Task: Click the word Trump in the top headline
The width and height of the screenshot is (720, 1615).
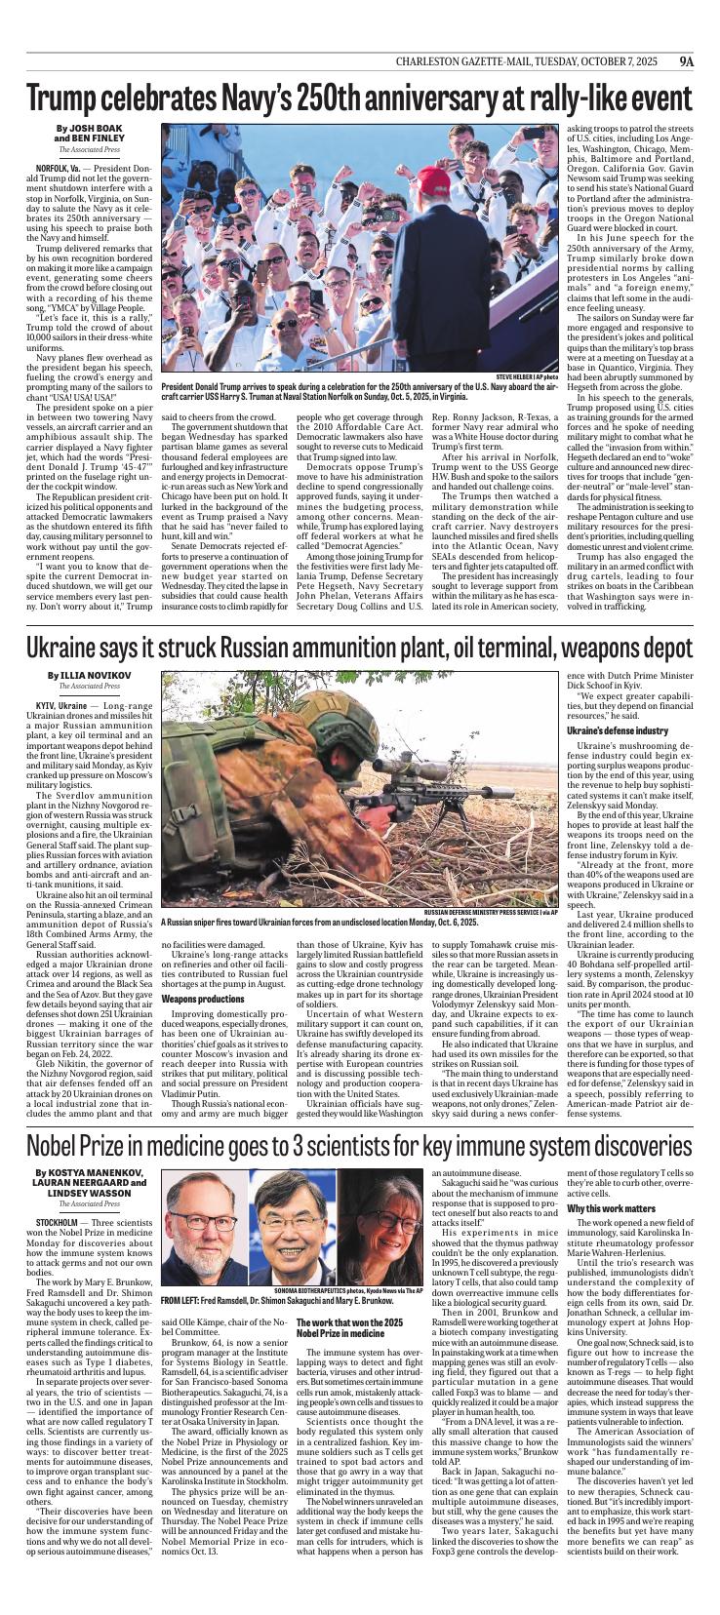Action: (x=69, y=99)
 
